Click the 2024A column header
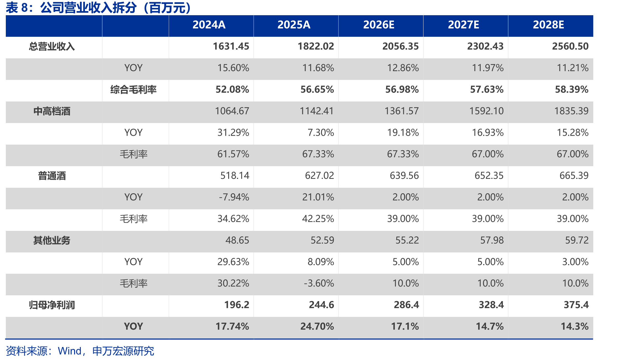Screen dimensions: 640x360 pyautogui.click(x=209, y=25)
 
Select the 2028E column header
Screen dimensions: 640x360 pyautogui.click(x=548, y=25)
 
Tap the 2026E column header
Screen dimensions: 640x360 pyautogui.click(x=379, y=25)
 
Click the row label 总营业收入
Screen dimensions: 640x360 pyautogui.click(x=52, y=46)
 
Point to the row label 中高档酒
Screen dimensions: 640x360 pyautogui.click(x=52, y=111)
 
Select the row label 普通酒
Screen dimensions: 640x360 pyautogui.click(x=52, y=176)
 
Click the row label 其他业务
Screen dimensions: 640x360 pyautogui.click(x=52, y=241)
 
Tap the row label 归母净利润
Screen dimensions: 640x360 pyautogui.click(x=52, y=305)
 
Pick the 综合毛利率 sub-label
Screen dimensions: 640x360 pyautogui.click(x=133, y=90)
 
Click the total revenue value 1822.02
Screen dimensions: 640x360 pyautogui.click(x=316, y=46)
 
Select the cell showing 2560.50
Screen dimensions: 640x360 pyautogui.click(x=570, y=46)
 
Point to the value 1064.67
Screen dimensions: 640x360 pyautogui.click(x=232, y=111)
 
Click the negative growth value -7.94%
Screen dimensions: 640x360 pyautogui.click(x=234, y=197)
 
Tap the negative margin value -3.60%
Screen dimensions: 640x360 pyautogui.click(x=319, y=284)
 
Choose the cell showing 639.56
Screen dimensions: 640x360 pyautogui.click(x=404, y=176)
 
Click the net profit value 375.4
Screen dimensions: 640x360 pyautogui.click(x=576, y=305)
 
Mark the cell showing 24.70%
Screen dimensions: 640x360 pyautogui.click(x=317, y=327)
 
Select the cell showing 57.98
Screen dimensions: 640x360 pyautogui.click(x=492, y=241)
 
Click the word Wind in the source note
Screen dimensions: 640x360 pyautogui.click(x=69, y=351)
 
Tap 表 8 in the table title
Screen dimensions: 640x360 pyautogui.click(x=17, y=8)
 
